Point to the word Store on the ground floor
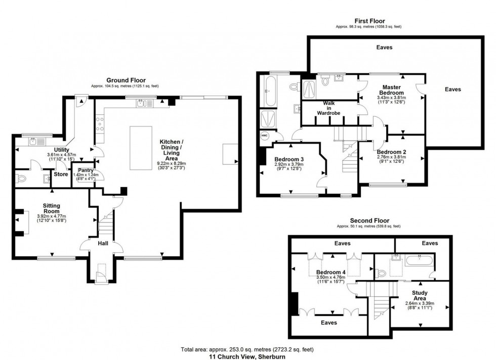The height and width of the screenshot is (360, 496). pyautogui.click(x=61, y=174)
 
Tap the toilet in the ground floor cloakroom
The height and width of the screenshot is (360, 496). pyautogui.click(x=21, y=178)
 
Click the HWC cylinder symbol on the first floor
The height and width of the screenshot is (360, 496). pyautogui.click(x=265, y=136)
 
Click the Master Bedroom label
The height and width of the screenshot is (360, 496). pyautogui.click(x=392, y=90)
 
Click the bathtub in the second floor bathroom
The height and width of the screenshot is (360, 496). pyautogui.click(x=420, y=262)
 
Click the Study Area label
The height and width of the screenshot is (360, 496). pyautogui.click(x=420, y=294)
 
